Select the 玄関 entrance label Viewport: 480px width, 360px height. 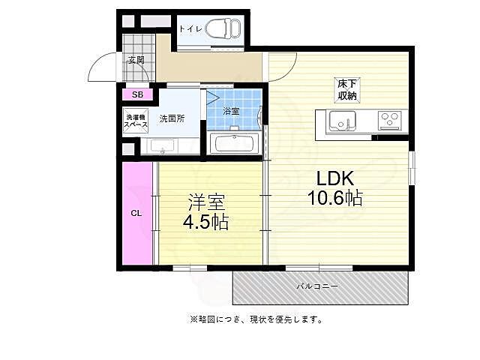coord(136,61)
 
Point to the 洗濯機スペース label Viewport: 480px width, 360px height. coord(136,121)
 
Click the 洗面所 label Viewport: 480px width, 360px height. coord(171,119)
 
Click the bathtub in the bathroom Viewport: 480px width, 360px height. coord(234,142)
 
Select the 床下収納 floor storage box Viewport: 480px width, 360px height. coord(346,88)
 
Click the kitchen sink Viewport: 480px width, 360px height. coord(342,120)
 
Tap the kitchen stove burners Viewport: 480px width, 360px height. coord(389,119)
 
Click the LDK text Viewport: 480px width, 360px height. coord(334,179)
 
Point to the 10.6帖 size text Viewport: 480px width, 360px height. coord(334,199)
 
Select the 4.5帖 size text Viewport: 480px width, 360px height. coord(206,222)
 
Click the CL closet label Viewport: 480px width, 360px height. coord(136,213)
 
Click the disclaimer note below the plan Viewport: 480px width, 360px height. coord(256,319)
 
